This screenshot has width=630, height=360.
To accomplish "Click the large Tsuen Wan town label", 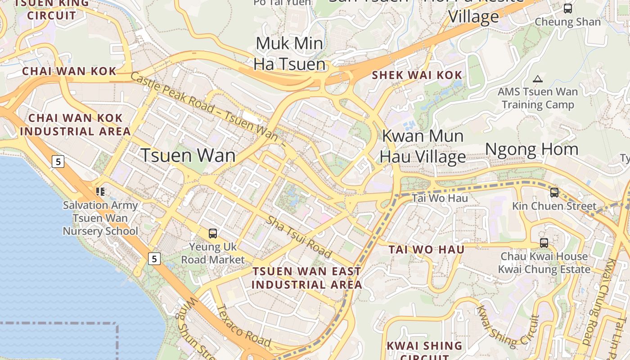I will [x=188, y=156].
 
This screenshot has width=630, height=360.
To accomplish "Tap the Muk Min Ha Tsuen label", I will [x=289, y=54].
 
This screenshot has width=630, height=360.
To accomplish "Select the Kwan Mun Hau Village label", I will [x=423, y=146].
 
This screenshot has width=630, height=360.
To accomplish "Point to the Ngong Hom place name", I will [x=531, y=150].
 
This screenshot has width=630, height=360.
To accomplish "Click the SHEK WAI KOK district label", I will [x=417, y=75].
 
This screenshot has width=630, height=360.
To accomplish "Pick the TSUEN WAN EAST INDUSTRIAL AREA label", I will [x=306, y=278].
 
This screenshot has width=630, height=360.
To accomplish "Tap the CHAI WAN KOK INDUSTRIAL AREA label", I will [x=76, y=125].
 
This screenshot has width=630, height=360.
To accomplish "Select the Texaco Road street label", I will [x=243, y=326].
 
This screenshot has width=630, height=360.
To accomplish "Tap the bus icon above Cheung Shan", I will [x=568, y=9].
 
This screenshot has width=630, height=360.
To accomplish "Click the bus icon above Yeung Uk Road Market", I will [x=213, y=234].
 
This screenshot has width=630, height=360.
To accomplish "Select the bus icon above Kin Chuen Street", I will [x=554, y=193].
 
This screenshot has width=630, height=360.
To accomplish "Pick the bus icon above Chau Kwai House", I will [x=544, y=243].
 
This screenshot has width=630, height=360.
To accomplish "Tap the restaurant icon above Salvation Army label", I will [x=100, y=192].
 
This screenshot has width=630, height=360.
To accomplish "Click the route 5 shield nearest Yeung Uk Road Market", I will [x=154, y=259].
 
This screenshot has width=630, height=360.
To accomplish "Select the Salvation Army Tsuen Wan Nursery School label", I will [x=100, y=218].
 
